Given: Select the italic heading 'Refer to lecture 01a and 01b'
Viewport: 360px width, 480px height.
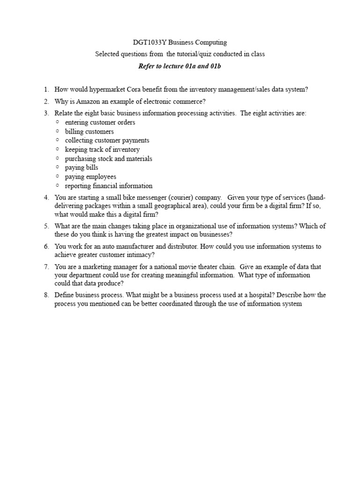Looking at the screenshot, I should click(180, 66).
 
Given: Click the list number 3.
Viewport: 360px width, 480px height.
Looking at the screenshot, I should click(46, 113).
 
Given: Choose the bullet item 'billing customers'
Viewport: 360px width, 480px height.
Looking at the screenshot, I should click(89, 132).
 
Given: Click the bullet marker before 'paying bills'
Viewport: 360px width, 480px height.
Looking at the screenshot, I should click(57, 167).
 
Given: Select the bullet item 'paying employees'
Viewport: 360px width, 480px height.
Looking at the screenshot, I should click(90, 177).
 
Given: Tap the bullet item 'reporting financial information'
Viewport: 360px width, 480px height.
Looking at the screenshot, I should click(109, 186).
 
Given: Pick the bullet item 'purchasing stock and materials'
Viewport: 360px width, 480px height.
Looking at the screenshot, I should click(108, 158).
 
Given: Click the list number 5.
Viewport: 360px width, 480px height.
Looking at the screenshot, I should click(46, 226).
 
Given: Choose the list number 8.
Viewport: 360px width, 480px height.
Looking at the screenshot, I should click(46, 295).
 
